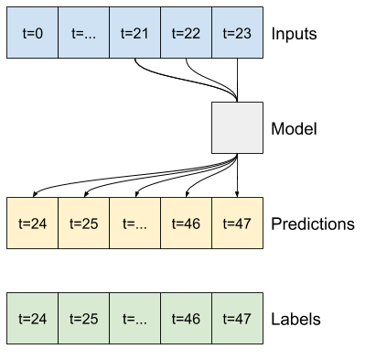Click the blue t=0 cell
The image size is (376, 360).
click(32, 33)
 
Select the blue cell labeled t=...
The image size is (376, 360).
click(83, 33)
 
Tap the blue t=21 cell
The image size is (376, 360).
click(134, 33)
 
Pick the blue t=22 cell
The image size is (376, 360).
click(186, 33)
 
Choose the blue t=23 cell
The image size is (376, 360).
click(237, 33)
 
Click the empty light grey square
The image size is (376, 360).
click(237, 127)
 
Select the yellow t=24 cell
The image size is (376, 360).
click(32, 223)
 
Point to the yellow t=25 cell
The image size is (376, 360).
click(83, 223)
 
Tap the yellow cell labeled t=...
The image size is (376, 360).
click(134, 223)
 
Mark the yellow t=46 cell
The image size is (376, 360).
click(186, 223)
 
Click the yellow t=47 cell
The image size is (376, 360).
click(237, 223)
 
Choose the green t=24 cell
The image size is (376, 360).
click(32, 318)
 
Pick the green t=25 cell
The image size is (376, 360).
click(83, 318)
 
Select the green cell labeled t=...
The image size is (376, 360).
click(134, 318)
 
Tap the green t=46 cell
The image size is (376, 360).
click(186, 318)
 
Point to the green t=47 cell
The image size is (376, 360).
click(237, 318)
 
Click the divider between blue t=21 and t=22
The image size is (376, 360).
click(160, 33)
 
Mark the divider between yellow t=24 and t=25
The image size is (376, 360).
click(58, 223)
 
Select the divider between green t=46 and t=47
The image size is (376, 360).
click(211, 318)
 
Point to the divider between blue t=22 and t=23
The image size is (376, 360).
click(211, 33)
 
